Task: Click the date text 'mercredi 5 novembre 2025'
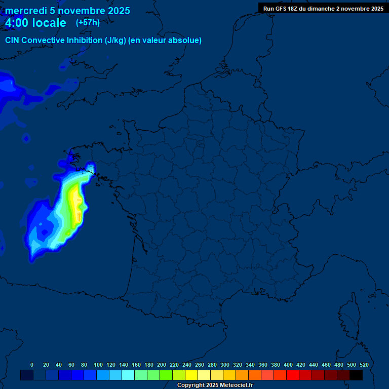67,11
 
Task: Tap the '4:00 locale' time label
35,23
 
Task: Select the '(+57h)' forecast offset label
88,23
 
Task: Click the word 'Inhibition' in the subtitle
84,41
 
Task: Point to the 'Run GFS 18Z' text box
323,9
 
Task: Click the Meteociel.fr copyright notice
215,385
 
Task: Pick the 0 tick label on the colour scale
32,365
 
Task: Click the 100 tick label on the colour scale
98,365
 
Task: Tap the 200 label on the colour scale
162,365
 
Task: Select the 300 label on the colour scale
225,365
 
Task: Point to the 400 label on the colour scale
288,365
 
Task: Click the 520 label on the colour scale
364,365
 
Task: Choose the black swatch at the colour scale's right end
356,375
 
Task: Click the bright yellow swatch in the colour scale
191,375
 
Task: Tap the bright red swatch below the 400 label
293,375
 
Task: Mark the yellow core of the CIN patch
76,205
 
